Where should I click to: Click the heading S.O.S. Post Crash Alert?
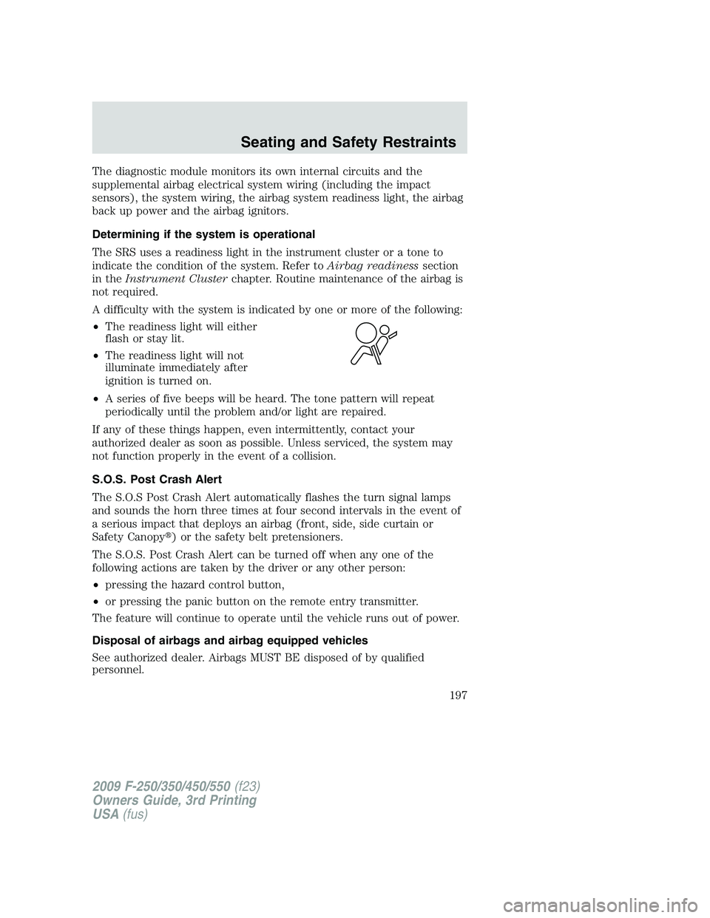coord(159,479)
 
